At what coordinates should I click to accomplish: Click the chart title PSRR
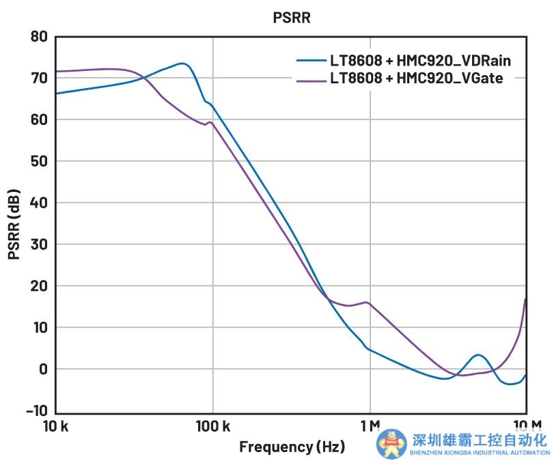[292, 18]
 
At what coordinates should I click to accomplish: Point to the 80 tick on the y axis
[38, 36]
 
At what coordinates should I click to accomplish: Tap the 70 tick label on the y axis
[38, 78]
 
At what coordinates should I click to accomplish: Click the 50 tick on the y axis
[38, 161]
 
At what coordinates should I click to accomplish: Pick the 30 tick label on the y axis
[38, 245]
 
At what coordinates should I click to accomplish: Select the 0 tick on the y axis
[42, 369]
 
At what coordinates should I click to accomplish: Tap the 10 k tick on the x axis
[55, 427]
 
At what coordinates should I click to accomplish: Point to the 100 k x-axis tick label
[212, 427]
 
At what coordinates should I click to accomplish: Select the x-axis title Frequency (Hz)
[292, 447]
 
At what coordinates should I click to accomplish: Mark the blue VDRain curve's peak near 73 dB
[182, 64]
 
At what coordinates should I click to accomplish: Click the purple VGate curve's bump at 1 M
[368, 302]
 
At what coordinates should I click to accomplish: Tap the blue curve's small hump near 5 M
[478, 355]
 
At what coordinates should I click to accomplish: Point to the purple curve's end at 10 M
[525, 299]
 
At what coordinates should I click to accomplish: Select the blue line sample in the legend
[310, 61]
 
